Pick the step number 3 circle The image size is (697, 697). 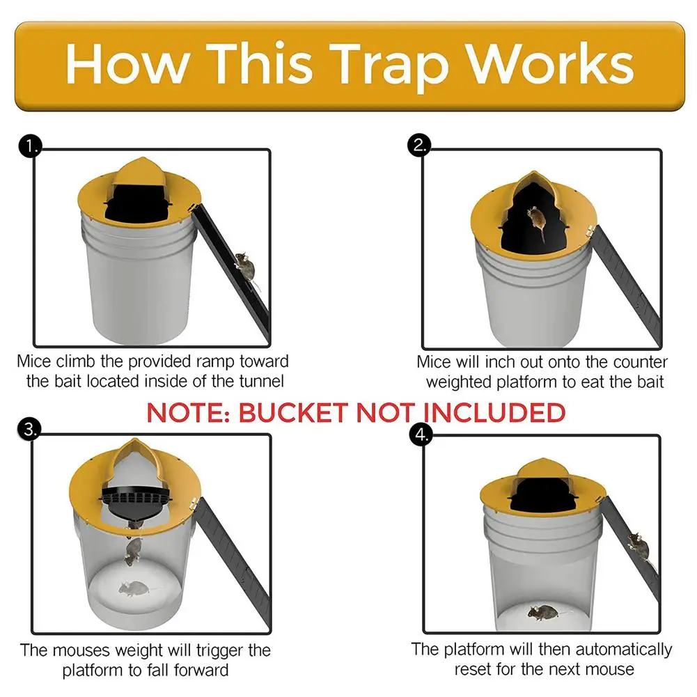28,430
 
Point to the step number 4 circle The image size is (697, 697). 421,434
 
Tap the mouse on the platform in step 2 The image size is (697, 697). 535,221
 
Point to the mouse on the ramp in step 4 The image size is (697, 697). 636,545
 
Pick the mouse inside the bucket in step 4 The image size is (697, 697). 542,612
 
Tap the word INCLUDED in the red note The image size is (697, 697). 495,412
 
